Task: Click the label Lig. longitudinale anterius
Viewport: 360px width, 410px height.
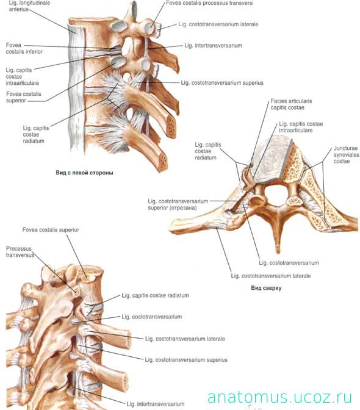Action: [29, 6]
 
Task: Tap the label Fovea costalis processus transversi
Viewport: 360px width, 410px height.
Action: [210, 3]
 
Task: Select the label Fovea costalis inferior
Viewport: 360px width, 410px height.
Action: [24, 48]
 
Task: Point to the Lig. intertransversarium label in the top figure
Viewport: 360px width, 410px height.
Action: [213, 46]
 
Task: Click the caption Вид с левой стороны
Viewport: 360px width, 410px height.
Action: [84, 173]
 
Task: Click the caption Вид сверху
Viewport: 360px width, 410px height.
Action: [266, 288]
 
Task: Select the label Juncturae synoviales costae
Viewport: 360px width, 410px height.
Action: [346, 155]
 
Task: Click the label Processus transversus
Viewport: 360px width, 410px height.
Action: [20, 252]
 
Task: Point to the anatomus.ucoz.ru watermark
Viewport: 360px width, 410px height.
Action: [279, 397]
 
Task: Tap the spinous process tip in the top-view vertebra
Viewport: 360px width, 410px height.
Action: [278, 252]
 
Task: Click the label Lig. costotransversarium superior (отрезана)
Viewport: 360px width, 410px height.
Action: [178, 204]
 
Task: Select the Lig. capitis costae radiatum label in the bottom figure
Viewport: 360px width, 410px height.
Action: [156, 295]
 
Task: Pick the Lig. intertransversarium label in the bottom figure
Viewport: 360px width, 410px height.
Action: [156, 405]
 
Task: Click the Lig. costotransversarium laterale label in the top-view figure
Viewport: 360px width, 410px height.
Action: [271, 276]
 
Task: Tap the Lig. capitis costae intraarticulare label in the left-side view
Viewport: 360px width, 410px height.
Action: [22, 77]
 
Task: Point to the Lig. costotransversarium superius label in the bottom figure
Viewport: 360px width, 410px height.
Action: [186, 360]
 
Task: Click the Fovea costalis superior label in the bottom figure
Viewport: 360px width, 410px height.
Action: [51, 230]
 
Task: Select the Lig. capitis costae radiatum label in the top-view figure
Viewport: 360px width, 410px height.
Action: [208, 151]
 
